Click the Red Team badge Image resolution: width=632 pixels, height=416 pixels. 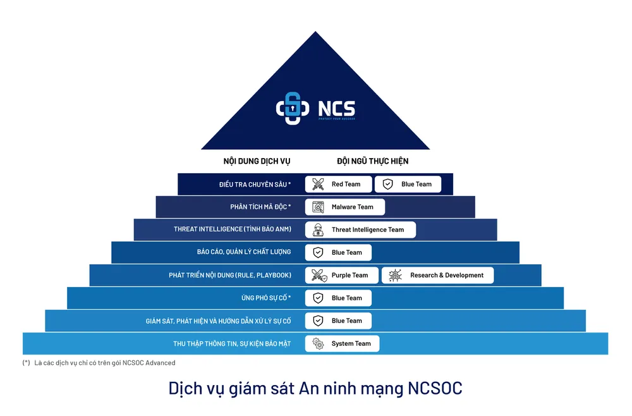(338, 184)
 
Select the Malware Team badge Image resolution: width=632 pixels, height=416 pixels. (344, 207)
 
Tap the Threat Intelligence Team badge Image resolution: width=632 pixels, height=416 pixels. (360, 229)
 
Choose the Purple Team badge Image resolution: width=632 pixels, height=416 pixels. (341, 275)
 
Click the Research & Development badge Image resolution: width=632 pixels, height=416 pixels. (437, 275)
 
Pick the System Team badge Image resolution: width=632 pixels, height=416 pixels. (342, 343)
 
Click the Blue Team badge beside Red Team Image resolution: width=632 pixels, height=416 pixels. (408, 184)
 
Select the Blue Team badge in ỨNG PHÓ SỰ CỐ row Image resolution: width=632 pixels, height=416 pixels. (338, 298)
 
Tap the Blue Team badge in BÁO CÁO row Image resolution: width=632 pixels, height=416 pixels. (338, 252)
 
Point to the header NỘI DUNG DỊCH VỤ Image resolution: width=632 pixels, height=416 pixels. (257, 161)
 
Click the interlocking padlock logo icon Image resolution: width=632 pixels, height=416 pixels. (292, 108)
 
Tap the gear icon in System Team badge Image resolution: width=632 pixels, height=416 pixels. (318, 343)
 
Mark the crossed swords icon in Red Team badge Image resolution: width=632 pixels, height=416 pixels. (318, 184)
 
